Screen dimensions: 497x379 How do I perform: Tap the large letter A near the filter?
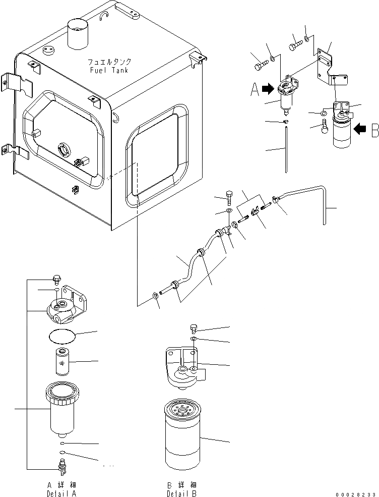click(256, 90)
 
